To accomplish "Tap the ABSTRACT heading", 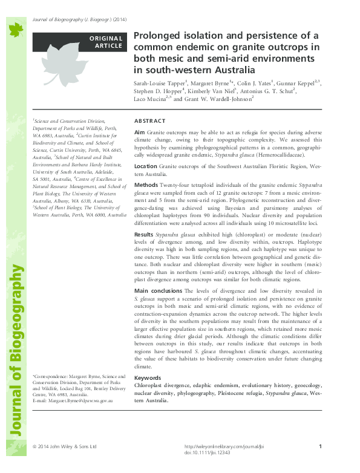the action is click(x=147, y=121).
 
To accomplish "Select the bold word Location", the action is click(x=146, y=165).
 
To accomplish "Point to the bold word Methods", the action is click(x=146, y=184).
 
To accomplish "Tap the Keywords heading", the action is click(x=148, y=377).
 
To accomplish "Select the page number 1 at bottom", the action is click(x=319, y=446).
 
